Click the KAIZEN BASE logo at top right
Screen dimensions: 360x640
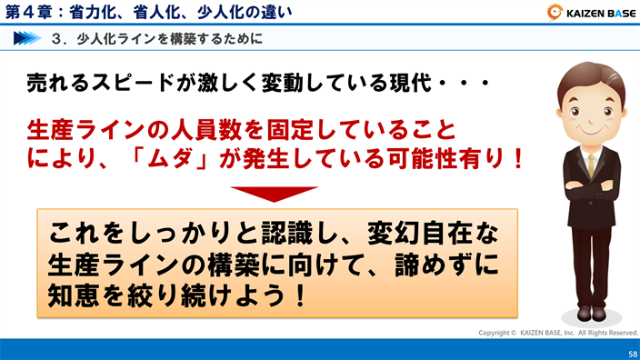(x=590, y=13)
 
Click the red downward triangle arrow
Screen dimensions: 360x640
(x=274, y=194)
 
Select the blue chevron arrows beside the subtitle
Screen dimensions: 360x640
(x=27, y=39)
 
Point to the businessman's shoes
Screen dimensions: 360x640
(x=592, y=312)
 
